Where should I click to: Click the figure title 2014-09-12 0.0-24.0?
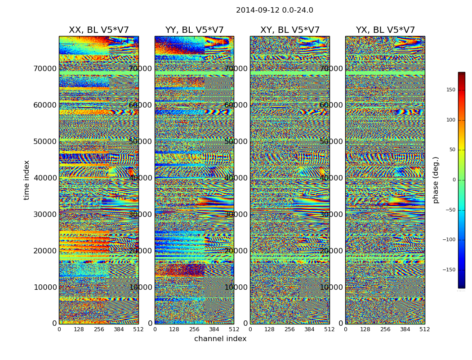click(x=274, y=10)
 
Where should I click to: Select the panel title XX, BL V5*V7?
click(x=98, y=30)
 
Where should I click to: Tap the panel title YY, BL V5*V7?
click(x=194, y=30)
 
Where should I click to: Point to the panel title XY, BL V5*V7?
click(x=290, y=30)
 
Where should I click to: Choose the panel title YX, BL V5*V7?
click(x=385, y=30)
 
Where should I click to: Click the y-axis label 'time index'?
click(x=27, y=180)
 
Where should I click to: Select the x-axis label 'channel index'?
click(x=220, y=339)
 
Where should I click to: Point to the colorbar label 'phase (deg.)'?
click(x=436, y=180)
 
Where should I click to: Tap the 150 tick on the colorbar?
click(x=450, y=90)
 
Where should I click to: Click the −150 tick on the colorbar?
click(x=449, y=270)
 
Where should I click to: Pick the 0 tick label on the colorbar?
click(x=454, y=180)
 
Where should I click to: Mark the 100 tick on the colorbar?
click(x=450, y=120)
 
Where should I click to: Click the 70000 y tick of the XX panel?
click(x=45, y=68)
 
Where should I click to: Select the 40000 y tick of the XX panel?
click(x=45, y=178)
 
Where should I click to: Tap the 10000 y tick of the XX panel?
click(x=45, y=287)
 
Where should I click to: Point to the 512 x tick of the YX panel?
click(x=424, y=329)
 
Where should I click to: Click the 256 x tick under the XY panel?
click(x=289, y=329)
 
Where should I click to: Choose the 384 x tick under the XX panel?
click(x=119, y=329)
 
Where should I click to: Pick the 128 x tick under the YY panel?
click(x=174, y=329)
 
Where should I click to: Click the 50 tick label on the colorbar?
click(x=452, y=150)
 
